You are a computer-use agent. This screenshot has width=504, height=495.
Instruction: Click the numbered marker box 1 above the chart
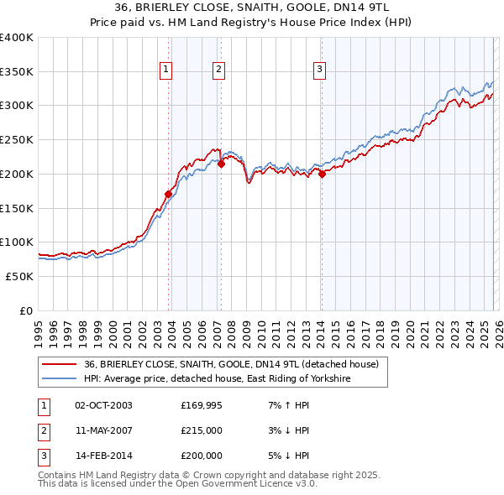click(166, 70)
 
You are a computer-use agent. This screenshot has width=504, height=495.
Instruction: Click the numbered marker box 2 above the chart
click(218, 70)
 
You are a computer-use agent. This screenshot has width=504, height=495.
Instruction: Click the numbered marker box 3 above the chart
click(320, 70)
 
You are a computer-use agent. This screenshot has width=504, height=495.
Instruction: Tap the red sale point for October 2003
click(168, 194)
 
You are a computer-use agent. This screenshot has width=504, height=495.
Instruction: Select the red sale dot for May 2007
click(221, 164)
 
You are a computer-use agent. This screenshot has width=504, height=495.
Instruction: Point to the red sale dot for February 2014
click(322, 174)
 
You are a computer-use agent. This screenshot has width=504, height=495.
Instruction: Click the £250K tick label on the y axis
click(17, 139)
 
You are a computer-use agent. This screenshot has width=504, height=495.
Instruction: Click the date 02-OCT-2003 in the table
click(103, 405)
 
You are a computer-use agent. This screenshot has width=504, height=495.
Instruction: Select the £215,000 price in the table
click(201, 430)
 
